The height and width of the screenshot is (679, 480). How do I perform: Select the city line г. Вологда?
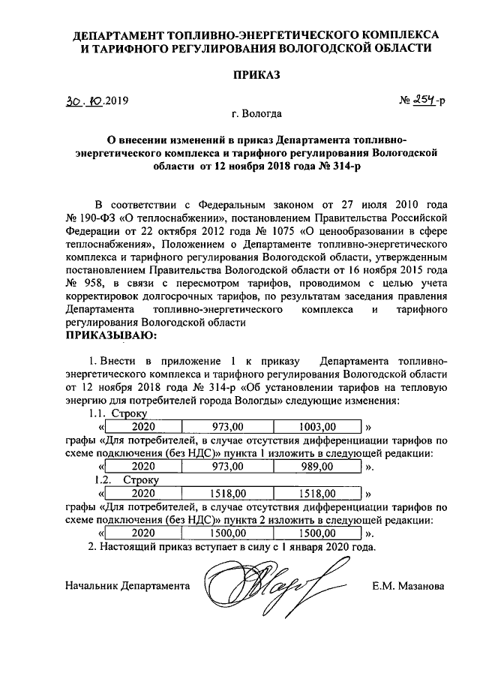[x=257, y=115]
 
